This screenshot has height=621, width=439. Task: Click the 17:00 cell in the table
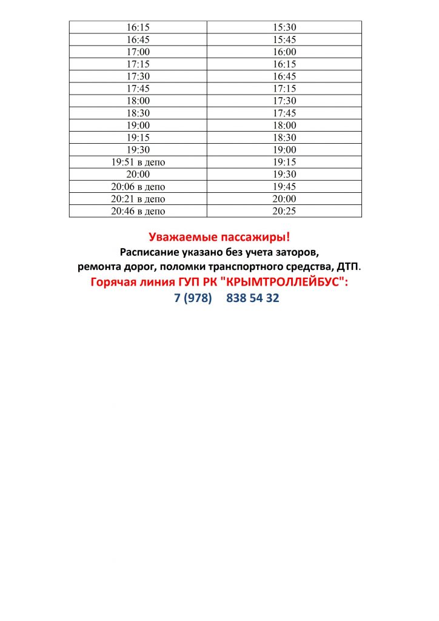coord(138,52)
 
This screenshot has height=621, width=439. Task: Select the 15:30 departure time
coord(284,27)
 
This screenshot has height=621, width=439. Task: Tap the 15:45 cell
coord(284,40)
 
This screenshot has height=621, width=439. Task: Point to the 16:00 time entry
coord(284,52)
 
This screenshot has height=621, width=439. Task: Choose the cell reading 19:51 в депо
coord(138,162)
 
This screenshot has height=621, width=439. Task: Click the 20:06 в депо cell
coord(138,187)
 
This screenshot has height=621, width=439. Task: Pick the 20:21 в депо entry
coord(138,199)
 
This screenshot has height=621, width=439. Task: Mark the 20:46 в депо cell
coord(138,211)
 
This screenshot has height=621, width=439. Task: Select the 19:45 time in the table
coord(284,187)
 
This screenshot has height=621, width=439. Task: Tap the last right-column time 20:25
coord(284,211)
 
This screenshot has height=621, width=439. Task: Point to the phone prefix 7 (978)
coord(193,298)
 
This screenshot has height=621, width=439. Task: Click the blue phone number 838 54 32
coord(253,298)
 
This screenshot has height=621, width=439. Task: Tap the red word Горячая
coord(114,282)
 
